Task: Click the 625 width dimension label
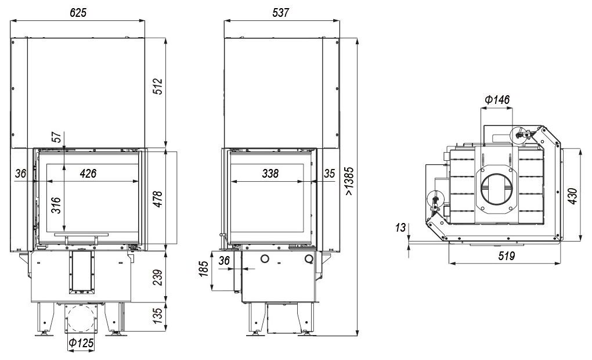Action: [x=78, y=12]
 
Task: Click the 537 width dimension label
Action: [x=280, y=12]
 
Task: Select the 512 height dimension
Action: [x=158, y=86]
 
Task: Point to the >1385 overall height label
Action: [x=349, y=181]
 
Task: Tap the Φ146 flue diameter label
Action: [x=497, y=100]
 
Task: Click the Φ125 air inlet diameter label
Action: [x=81, y=343]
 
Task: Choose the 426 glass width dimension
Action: [x=88, y=174]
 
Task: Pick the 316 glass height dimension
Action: [x=56, y=205]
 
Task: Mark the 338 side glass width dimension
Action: [x=270, y=174]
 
